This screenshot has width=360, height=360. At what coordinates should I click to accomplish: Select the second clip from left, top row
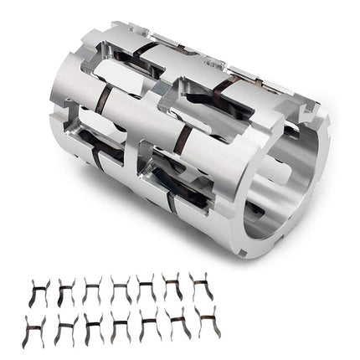[x=65, y=290]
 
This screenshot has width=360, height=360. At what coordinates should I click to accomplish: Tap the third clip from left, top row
[x=92, y=290]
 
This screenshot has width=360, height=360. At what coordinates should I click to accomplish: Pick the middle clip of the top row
[x=120, y=290]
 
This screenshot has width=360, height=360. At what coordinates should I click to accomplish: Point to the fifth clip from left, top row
[x=147, y=290]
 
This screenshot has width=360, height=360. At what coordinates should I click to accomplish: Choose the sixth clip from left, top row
[x=173, y=289]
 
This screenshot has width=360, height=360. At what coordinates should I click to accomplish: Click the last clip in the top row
[x=200, y=288]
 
